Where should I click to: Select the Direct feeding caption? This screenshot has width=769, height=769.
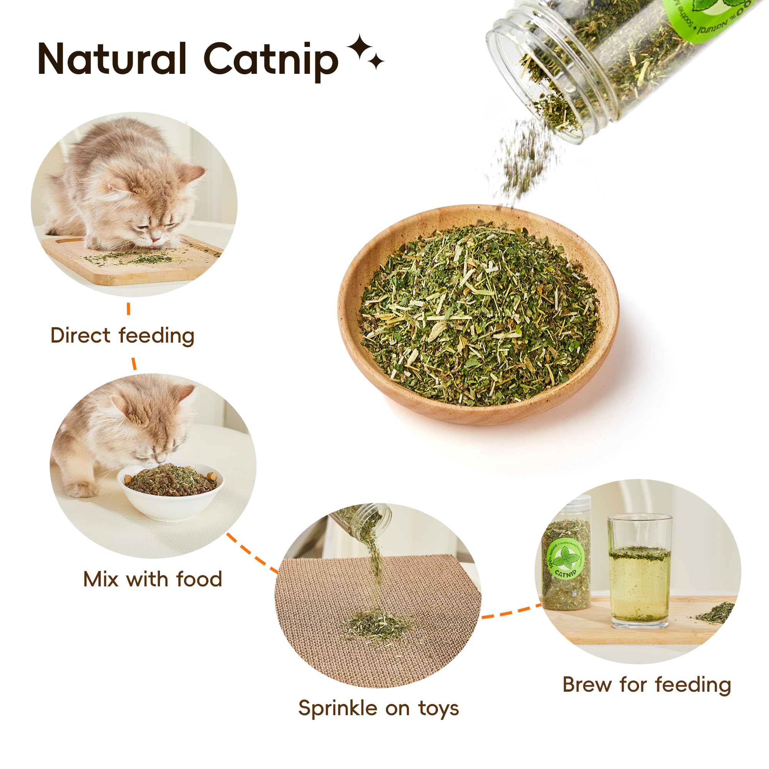click(x=122, y=336)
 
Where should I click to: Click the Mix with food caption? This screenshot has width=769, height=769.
click(x=152, y=579)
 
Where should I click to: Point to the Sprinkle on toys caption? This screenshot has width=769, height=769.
click(x=378, y=709)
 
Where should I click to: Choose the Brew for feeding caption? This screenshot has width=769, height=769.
click(x=646, y=685)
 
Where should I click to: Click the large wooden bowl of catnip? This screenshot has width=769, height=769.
click(x=478, y=315)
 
